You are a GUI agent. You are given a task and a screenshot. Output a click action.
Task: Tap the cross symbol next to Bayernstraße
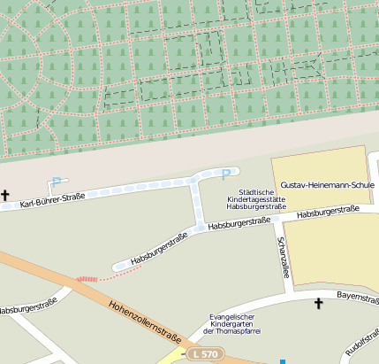click(319, 304)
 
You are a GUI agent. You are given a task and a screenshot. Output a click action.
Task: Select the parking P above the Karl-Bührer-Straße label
click(56, 182)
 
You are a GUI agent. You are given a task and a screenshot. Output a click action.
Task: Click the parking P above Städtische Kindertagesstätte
click(225, 174)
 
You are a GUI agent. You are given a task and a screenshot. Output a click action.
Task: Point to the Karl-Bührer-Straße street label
click(52, 198)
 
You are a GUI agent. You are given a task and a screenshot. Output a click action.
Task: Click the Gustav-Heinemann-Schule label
click(327, 185)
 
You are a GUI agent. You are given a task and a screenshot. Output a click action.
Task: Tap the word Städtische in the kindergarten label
click(257, 192)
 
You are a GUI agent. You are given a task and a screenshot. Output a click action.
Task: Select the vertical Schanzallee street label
click(284, 257)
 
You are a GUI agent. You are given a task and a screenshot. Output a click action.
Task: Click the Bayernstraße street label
click(356, 299)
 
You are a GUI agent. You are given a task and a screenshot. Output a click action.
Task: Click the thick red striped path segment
click(87, 278)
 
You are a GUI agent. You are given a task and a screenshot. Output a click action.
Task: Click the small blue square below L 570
click(283, 361)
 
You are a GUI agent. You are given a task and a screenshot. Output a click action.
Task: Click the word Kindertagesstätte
click(257, 200)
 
